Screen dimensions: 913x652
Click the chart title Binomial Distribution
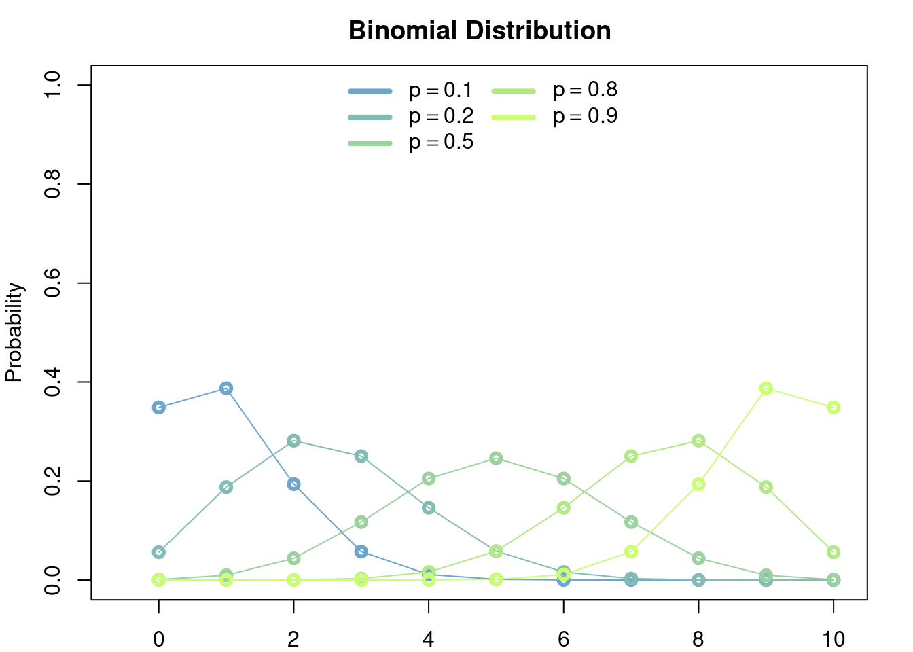coord(480,31)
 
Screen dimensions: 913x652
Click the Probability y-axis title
coord(14,332)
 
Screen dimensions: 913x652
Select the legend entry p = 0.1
coord(410,90)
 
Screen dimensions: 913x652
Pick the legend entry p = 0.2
coord(410,117)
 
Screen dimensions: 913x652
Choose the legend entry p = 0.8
coord(555,90)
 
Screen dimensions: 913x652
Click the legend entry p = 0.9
coord(555,117)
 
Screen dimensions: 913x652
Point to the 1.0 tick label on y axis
coord(52,85)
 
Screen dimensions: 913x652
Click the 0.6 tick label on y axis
coord(52,283)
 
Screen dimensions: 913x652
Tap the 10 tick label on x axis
coord(834,639)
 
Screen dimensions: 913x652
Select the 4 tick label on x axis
coord(429,639)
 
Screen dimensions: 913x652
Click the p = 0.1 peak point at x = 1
coord(226,388)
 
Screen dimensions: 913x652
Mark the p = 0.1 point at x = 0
coord(158,407)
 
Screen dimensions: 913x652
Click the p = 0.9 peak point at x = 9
coord(766,388)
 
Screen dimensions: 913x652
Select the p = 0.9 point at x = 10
coord(834,407)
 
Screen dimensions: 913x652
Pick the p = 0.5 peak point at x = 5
coord(496,458)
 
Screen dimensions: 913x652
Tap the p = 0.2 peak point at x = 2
coord(293,441)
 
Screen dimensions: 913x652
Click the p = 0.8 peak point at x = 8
coord(698,441)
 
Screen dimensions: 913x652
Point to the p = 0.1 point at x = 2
coord(293,484)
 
